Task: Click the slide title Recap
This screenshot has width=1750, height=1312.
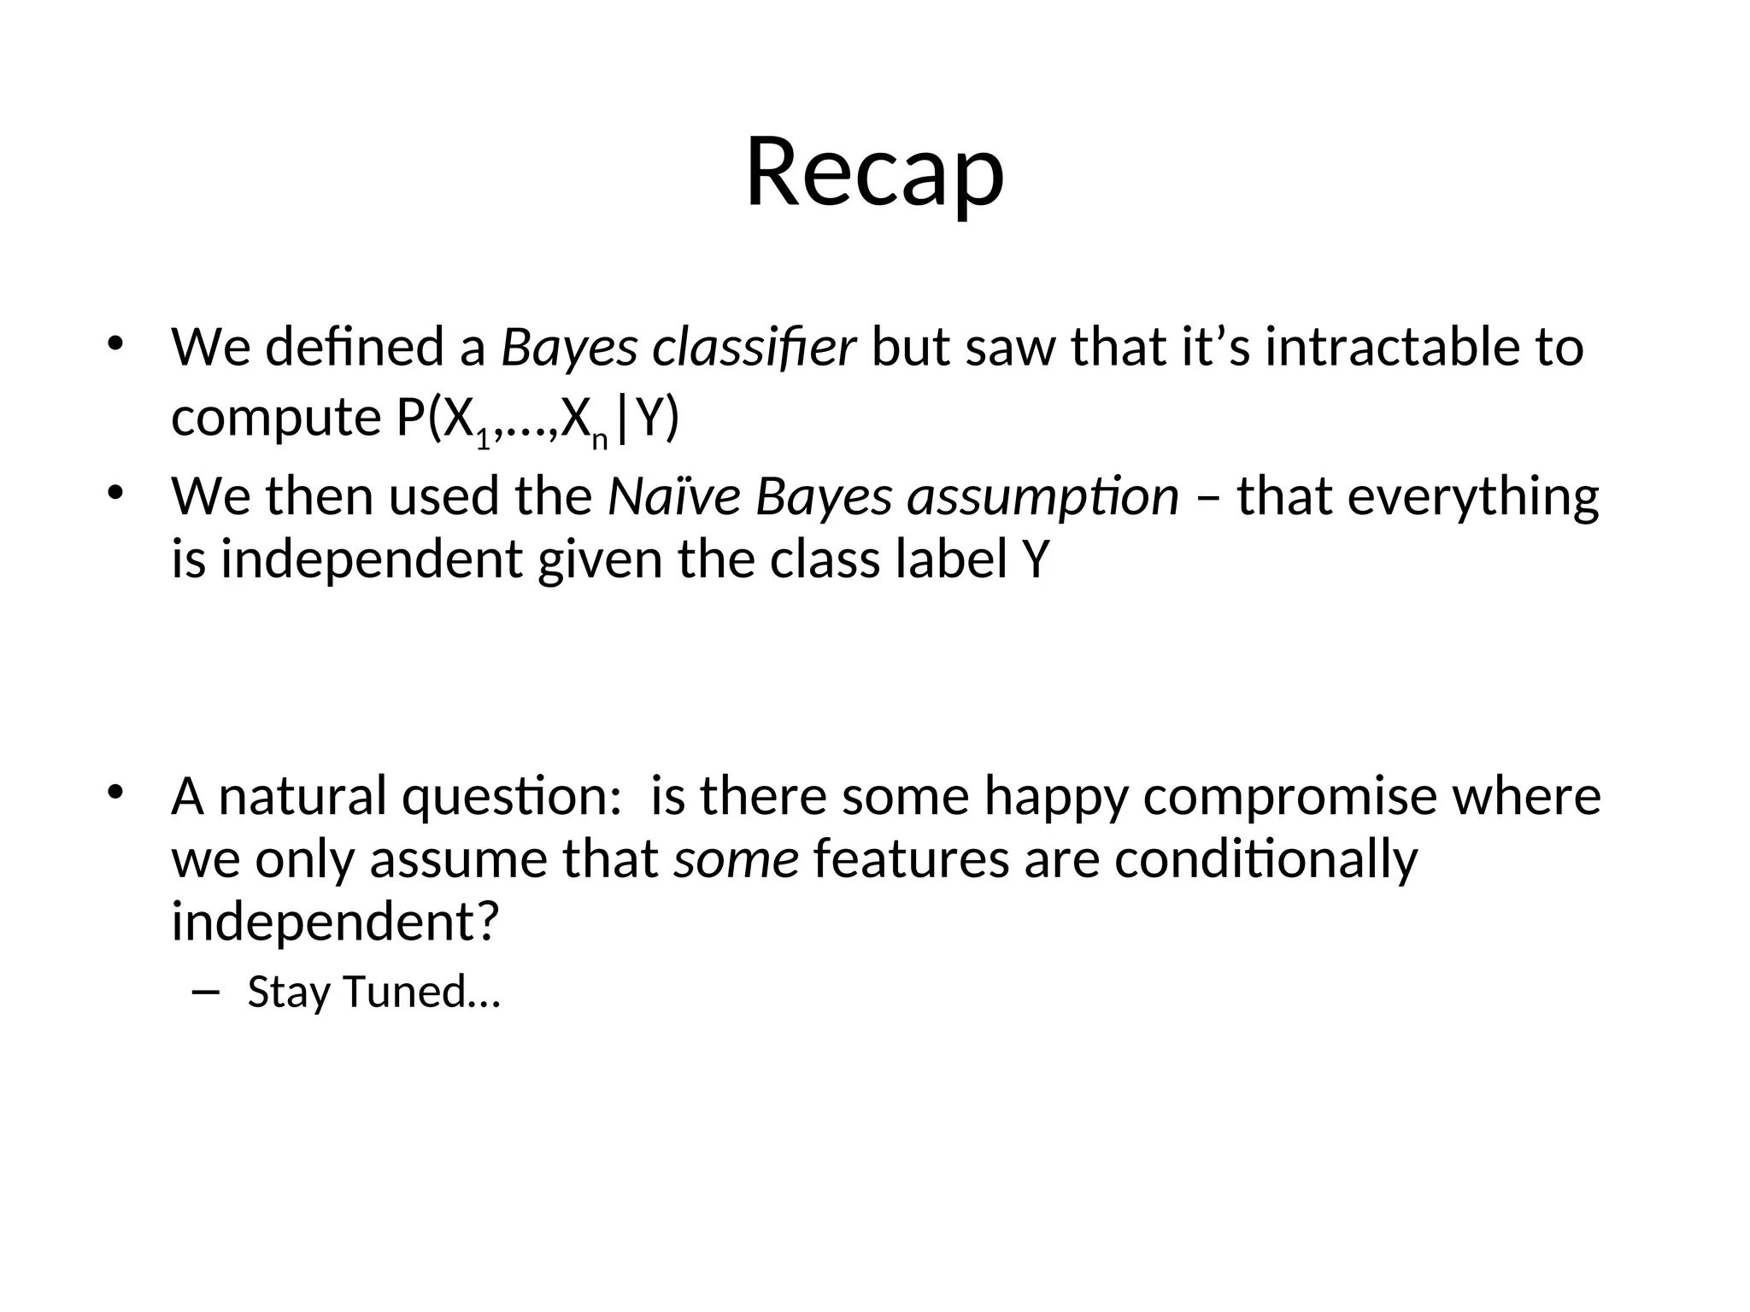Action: click(874, 173)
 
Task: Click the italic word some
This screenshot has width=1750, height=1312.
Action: click(736, 859)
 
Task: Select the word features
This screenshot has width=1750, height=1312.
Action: click(912, 859)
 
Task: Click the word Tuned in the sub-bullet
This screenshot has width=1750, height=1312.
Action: click(404, 992)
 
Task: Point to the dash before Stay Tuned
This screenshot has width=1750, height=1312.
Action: click(206, 991)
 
